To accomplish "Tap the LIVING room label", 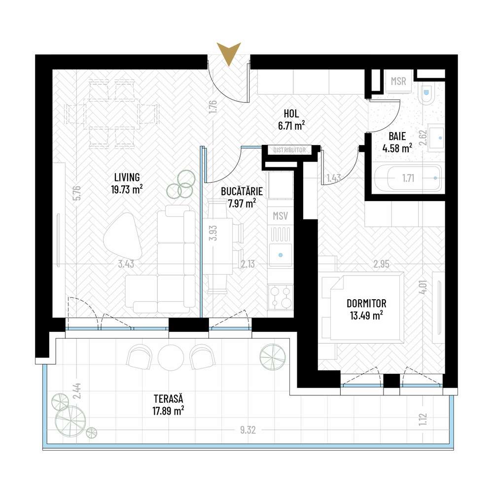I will coord(127,177).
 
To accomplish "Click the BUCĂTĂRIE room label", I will coord(242,191).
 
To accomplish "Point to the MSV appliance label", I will coord(280,215).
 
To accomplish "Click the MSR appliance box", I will coord(398,81).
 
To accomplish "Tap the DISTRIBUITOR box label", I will coord(290,150).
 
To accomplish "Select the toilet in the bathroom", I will coord(427,93).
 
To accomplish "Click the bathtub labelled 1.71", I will coord(407,177).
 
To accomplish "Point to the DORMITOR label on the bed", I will coord(366,304).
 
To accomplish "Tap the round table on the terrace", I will coord(171,355).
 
